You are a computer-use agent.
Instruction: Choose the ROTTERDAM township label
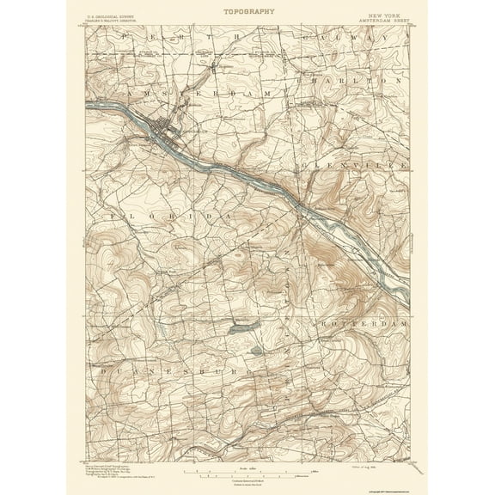[x=366, y=326]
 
